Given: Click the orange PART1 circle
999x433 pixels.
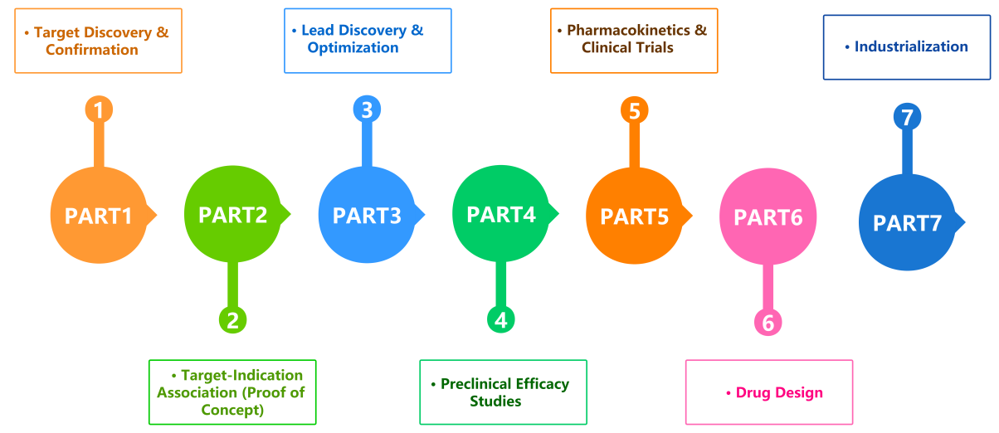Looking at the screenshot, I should pyautogui.click(x=99, y=216).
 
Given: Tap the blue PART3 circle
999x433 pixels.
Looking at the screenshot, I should pyautogui.click(x=366, y=215).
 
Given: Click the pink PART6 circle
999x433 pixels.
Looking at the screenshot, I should pyautogui.click(x=768, y=216).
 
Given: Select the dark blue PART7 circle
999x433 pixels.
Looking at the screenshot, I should pyautogui.click(x=907, y=222).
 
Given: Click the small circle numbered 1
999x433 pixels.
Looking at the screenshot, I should pyautogui.click(x=99, y=109).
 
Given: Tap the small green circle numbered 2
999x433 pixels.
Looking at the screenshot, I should pyautogui.click(x=232, y=319).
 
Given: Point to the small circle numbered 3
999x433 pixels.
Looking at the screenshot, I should pyautogui.click(x=367, y=109).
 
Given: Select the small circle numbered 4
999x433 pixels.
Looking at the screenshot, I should pyautogui.click(x=500, y=319).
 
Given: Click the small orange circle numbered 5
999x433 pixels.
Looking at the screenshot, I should pyautogui.click(x=635, y=109).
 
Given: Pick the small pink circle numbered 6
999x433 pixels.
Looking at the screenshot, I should pyautogui.click(x=768, y=323).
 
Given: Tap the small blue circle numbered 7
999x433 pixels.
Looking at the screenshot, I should pyautogui.click(x=907, y=117).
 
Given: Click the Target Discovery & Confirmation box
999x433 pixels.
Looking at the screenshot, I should pyautogui.click(x=98, y=41).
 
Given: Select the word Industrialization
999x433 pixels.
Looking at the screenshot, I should pyautogui.click(x=911, y=46).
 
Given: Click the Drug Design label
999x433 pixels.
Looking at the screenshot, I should pyautogui.click(x=779, y=392).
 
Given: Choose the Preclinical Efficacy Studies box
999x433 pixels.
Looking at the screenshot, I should pyautogui.click(x=503, y=392).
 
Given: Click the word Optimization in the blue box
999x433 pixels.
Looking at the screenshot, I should pyautogui.click(x=353, y=47).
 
